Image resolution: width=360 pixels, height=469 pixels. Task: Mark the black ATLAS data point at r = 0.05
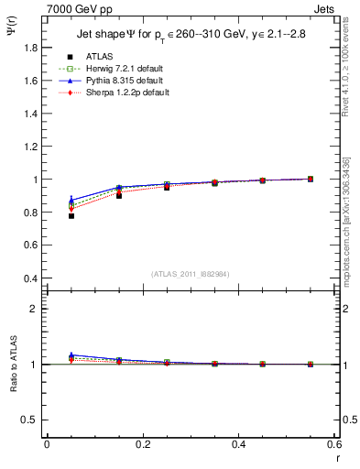(71, 215)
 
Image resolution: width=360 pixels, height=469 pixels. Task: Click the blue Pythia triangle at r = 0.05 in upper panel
(71, 200)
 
